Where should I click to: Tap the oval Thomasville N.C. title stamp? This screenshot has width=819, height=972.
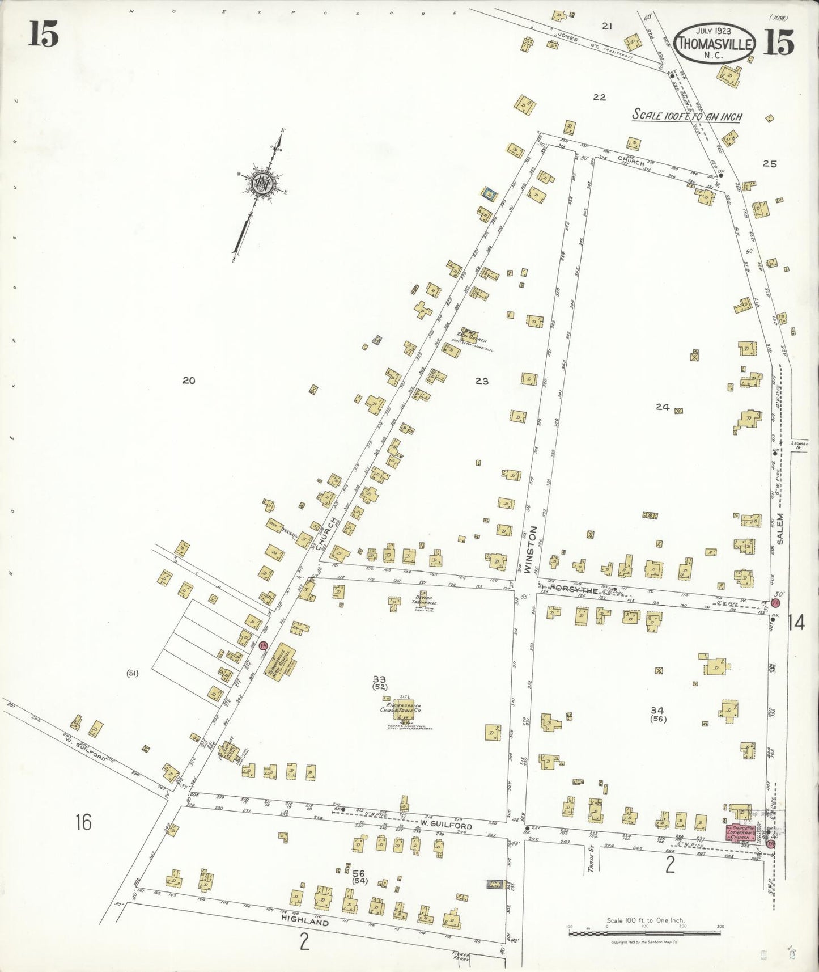tap(716, 44)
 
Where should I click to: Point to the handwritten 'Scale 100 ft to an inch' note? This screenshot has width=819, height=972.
tap(687, 116)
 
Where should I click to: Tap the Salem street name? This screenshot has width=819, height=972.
tap(780, 529)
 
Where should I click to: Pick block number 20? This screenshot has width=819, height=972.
tap(189, 381)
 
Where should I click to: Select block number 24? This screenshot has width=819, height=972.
tap(663, 407)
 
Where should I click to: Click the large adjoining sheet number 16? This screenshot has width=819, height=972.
tap(83, 822)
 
